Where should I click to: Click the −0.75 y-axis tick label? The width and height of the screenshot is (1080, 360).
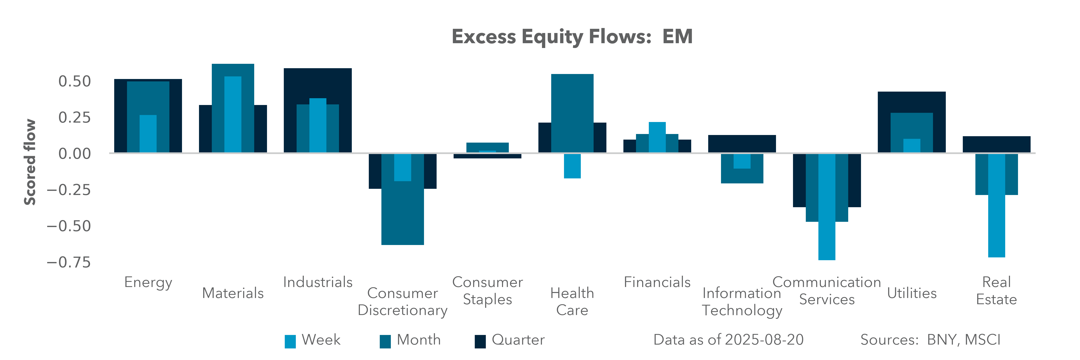69,262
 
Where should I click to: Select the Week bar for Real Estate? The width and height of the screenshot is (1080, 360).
997,205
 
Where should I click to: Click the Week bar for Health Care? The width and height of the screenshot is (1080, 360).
572,166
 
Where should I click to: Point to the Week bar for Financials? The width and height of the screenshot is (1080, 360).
657,137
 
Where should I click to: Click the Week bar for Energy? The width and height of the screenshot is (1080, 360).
148,133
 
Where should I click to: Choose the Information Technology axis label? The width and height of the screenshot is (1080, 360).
742,302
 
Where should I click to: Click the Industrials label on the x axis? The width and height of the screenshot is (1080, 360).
318,282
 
